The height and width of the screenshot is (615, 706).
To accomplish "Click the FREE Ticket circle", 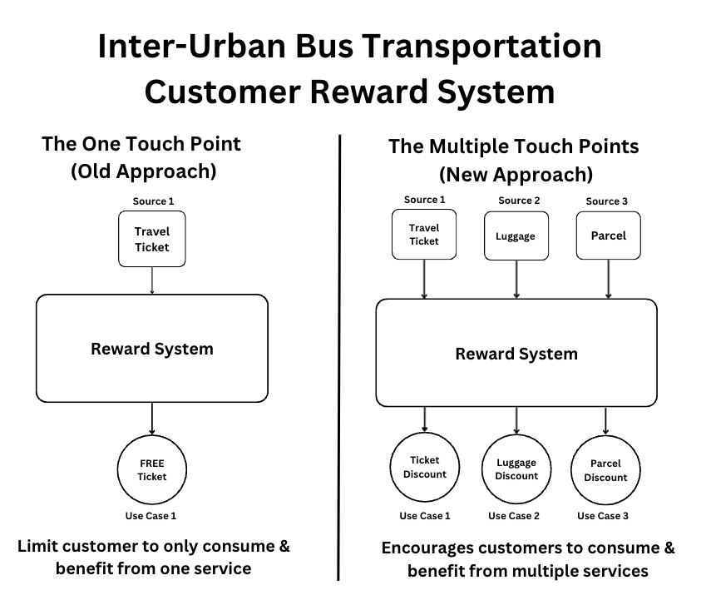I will click(x=152, y=470).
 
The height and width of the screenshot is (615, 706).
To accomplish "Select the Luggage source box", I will click(x=516, y=236).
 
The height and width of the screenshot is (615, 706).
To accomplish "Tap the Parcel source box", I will click(x=608, y=236).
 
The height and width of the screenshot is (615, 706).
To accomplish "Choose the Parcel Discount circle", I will click(x=605, y=470).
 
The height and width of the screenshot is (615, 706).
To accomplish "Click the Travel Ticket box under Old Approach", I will click(x=152, y=239).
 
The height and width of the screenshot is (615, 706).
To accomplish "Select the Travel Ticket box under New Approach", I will click(x=424, y=235).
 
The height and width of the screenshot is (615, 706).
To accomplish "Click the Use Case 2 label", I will click(x=514, y=516).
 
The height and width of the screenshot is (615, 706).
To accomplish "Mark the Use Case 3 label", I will click(x=603, y=516).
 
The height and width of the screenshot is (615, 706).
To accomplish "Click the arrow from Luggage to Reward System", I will click(x=517, y=278).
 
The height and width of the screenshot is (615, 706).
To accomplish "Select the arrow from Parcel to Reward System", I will click(x=609, y=278).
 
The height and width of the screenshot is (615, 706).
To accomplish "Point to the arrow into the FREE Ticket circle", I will click(x=152, y=418).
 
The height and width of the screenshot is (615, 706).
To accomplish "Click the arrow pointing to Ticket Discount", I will click(x=425, y=419).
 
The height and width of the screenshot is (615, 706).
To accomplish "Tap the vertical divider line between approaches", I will click(x=339, y=358).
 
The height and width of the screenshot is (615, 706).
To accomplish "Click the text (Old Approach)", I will click(x=143, y=171).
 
